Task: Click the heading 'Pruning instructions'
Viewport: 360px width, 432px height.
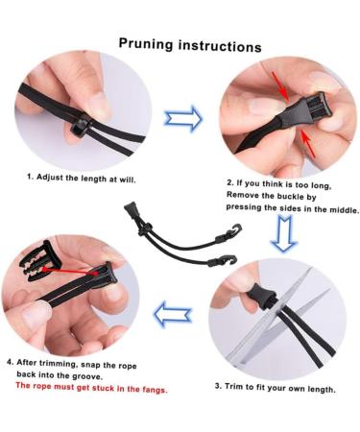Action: point(189,45)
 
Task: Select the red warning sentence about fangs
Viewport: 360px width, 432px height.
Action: point(91,389)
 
